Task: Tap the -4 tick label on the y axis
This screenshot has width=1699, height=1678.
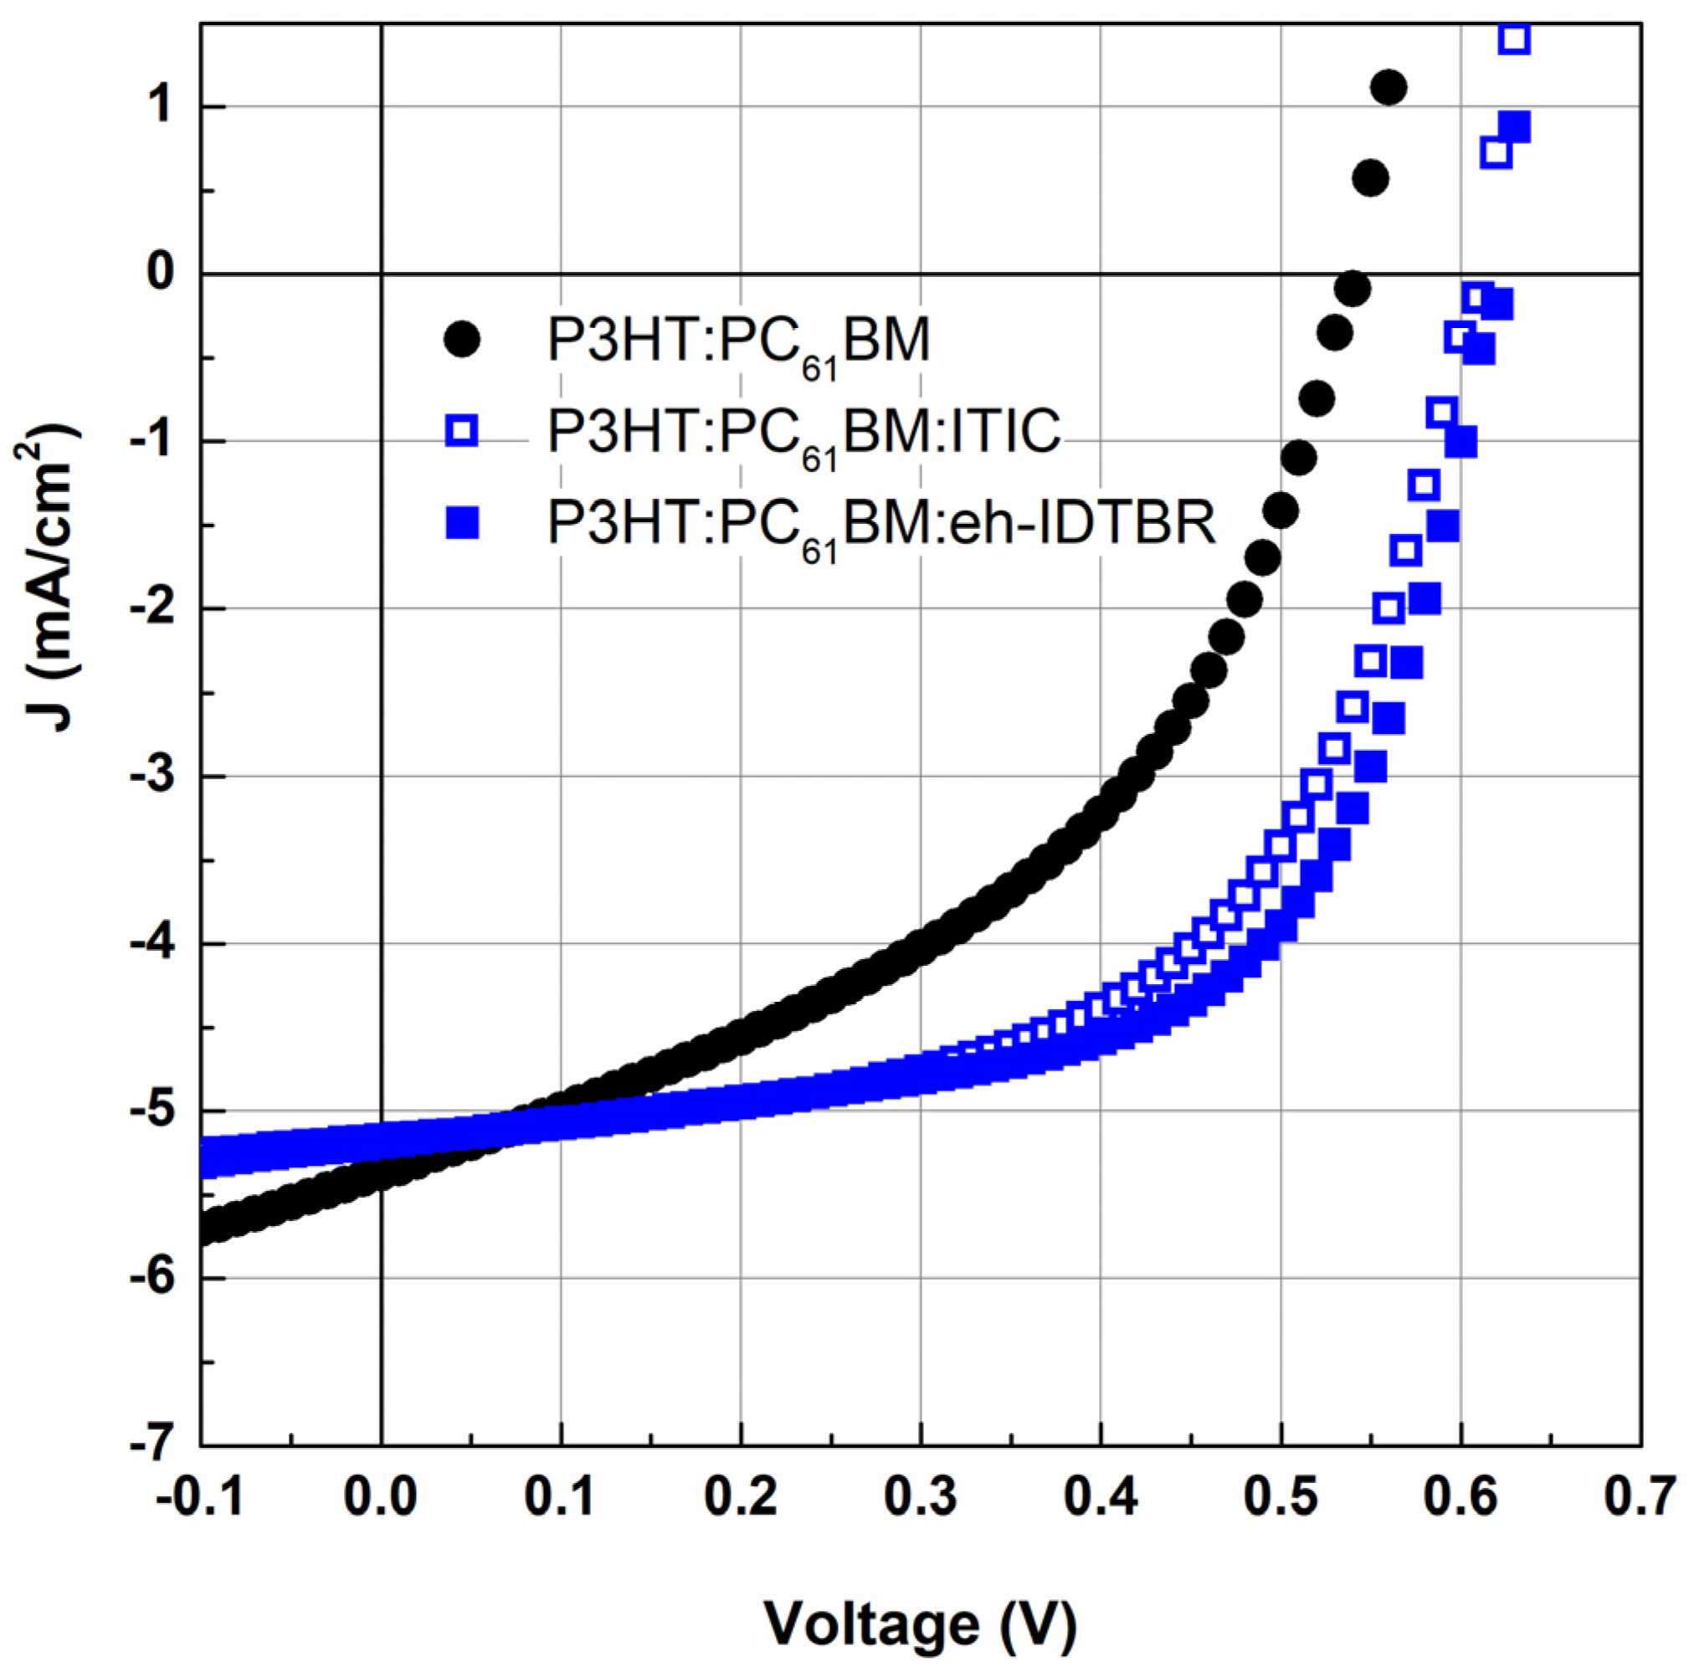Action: pos(151,944)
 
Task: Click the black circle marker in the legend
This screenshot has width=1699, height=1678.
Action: pos(462,339)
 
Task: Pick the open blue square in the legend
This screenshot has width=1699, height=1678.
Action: pos(462,432)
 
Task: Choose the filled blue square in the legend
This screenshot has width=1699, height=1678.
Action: pos(462,525)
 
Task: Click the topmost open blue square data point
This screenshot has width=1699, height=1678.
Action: pos(1514,38)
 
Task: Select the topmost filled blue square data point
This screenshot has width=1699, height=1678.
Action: pos(1514,126)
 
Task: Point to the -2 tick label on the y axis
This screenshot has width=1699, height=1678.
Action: pos(151,608)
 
